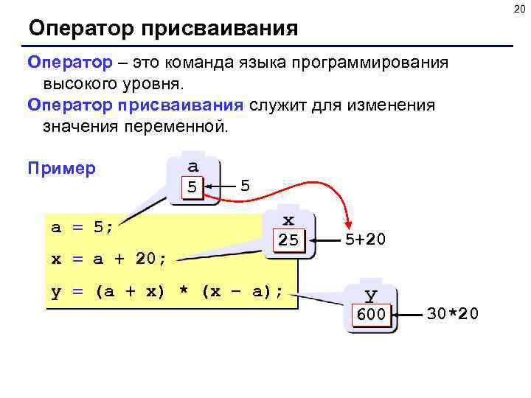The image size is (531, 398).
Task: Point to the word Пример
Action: click(60, 168)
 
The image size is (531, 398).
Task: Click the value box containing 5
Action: click(192, 186)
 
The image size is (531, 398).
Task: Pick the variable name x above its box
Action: click(288, 220)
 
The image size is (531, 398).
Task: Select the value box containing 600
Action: click(371, 315)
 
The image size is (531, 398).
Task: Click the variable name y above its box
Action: click(371, 295)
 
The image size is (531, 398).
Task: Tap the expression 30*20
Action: click(453, 314)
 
